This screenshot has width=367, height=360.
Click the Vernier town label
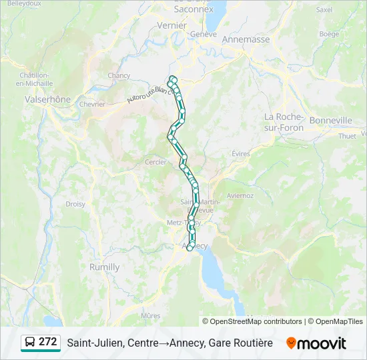(x=171, y=25)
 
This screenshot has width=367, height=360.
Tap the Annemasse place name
(x=246, y=39)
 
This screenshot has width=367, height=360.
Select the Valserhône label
(x=47, y=99)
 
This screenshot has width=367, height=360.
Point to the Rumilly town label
(x=105, y=267)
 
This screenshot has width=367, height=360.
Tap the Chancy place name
(x=119, y=75)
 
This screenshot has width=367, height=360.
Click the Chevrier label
(x=92, y=104)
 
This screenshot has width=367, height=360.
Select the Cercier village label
(x=155, y=162)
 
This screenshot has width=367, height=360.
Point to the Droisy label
(x=75, y=204)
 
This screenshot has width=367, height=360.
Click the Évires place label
(x=240, y=153)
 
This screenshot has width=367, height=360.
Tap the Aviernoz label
(x=240, y=195)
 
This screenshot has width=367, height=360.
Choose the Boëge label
(x=329, y=33)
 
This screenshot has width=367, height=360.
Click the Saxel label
(x=324, y=10)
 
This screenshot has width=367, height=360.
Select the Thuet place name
(x=348, y=136)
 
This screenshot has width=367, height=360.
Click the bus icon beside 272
(x=30, y=343)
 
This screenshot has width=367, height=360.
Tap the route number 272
(x=48, y=342)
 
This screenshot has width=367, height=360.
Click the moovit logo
(x=316, y=343)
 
